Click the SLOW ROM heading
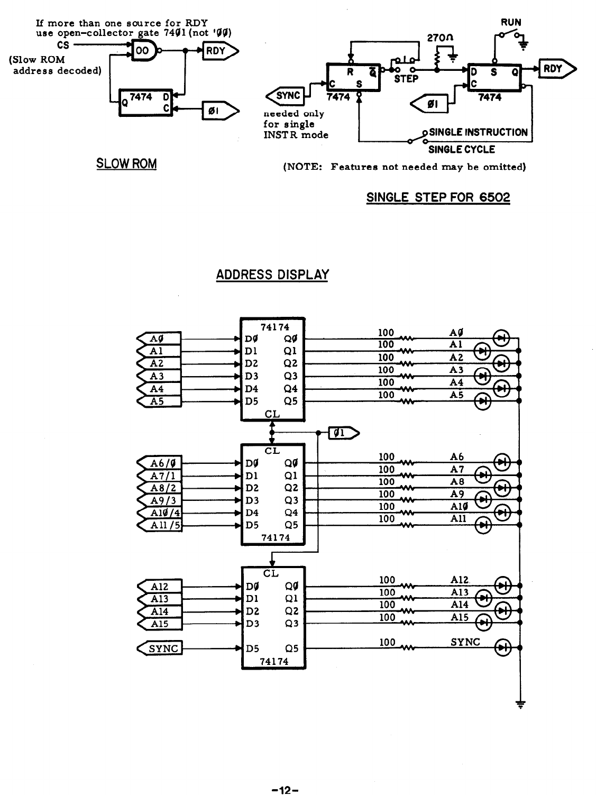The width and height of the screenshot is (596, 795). click(126, 163)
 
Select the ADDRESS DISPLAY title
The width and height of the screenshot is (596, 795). click(272, 275)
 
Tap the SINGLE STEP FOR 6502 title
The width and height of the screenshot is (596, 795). click(438, 198)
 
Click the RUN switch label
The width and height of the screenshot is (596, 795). click(511, 22)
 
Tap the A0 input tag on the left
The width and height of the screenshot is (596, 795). click(159, 339)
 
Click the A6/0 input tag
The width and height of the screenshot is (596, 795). click(159, 463)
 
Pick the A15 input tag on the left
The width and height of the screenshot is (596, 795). click(159, 624)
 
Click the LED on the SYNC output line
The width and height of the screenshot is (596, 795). click(502, 647)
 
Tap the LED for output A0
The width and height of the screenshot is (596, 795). click(501, 338)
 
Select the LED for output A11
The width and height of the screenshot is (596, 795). click(484, 525)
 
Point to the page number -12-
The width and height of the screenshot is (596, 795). click(286, 776)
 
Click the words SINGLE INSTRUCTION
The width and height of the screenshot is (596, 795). click(478, 132)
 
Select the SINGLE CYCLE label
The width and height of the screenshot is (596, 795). click(461, 149)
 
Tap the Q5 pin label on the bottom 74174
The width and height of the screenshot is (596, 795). click(291, 647)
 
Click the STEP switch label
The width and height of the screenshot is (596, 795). click(406, 79)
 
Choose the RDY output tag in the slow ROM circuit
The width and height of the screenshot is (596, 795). click(218, 51)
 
